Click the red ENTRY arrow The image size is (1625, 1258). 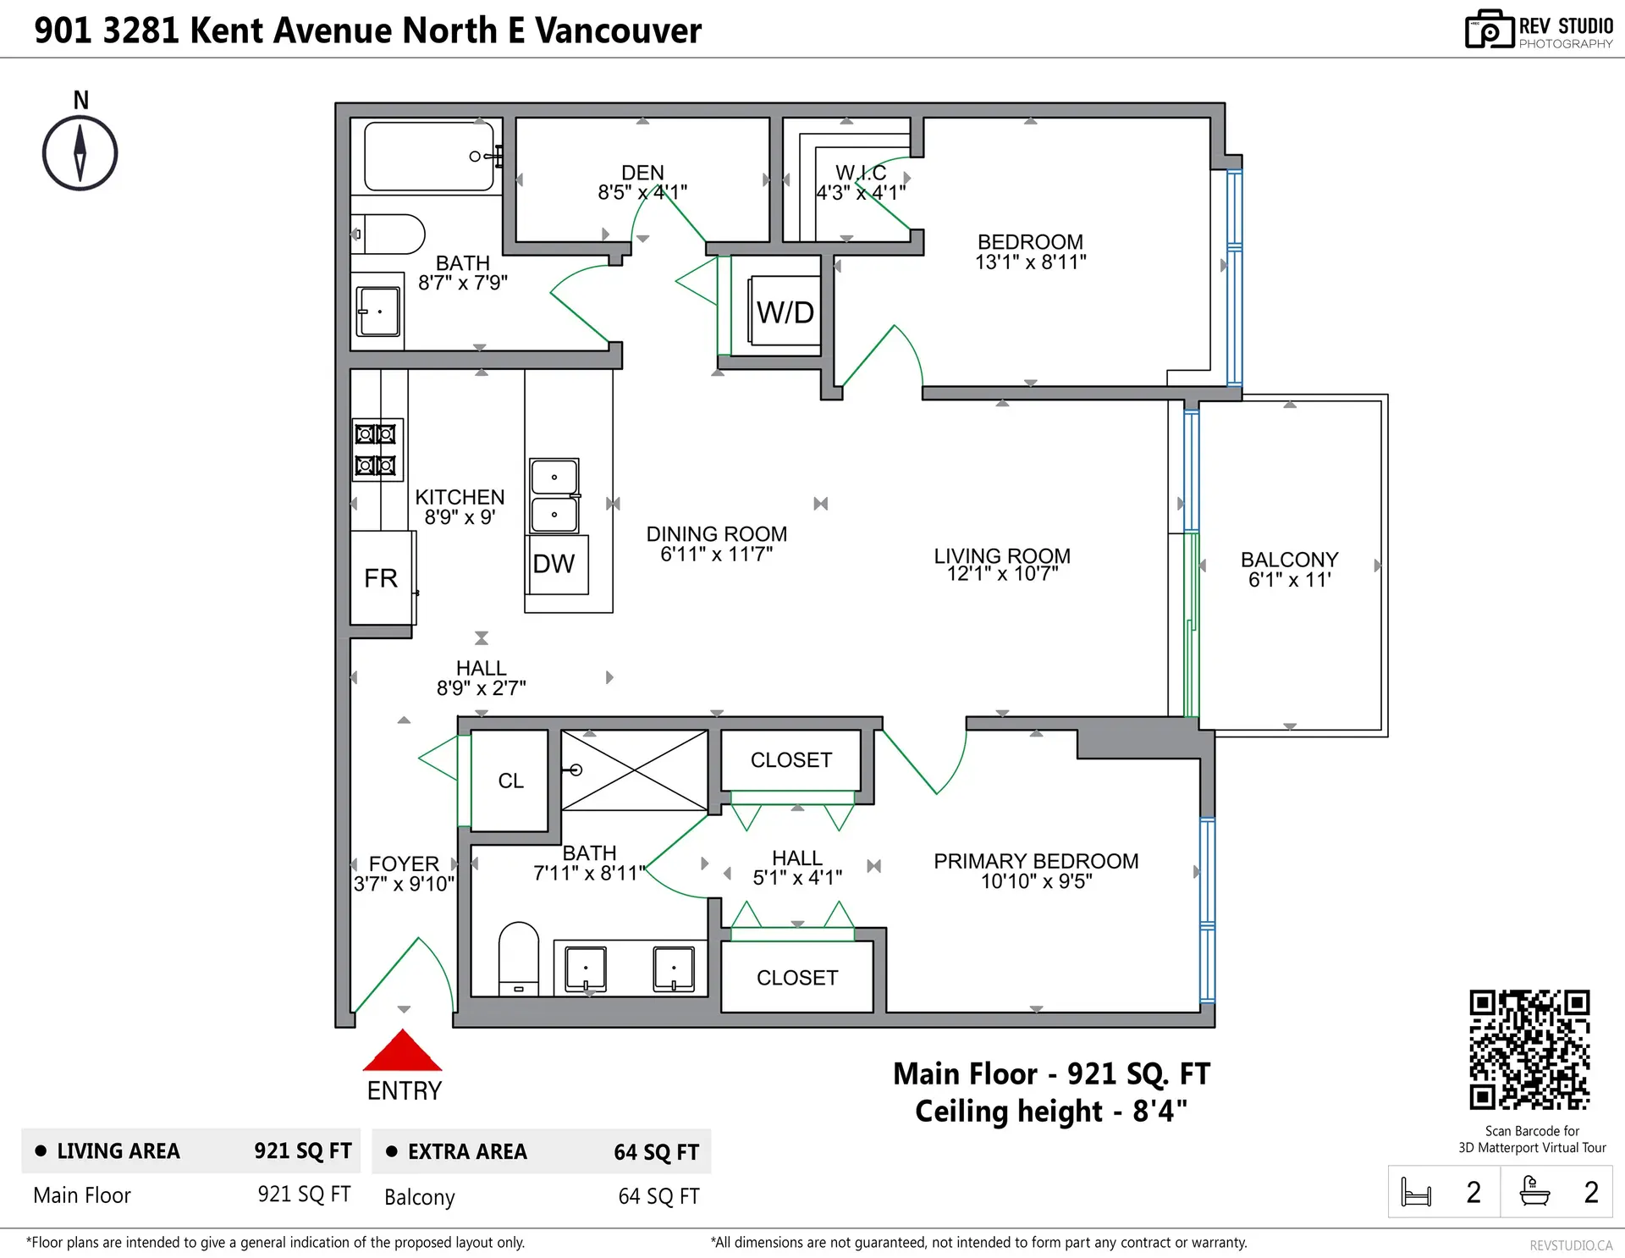(x=403, y=1051)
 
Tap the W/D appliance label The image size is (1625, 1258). (x=785, y=312)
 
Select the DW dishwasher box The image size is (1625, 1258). (x=555, y=564)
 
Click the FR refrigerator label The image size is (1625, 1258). (x=381, y=578)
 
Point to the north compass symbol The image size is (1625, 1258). (x=80, y=153)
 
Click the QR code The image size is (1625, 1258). (x=1529, y=1050)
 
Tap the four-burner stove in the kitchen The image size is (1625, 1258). (x=376, y=450)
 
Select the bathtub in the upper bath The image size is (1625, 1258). (x=429, y=157)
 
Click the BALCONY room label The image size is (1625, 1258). (x=1289, y=560)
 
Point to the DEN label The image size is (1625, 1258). (x=642, y=173)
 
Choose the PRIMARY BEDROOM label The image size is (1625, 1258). (x=1036, y=861)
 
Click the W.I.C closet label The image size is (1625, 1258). (x=861, y=174)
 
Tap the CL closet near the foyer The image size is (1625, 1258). (x=510, y=781)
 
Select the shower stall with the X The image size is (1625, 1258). (x=635, y=770)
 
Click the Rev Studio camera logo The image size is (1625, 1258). (x=1489, y=30)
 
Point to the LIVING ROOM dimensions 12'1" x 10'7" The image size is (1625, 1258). (x=1002, y=574)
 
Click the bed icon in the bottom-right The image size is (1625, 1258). (x=1416, y=1192)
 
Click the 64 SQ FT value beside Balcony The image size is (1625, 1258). (x=658, y=1196)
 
